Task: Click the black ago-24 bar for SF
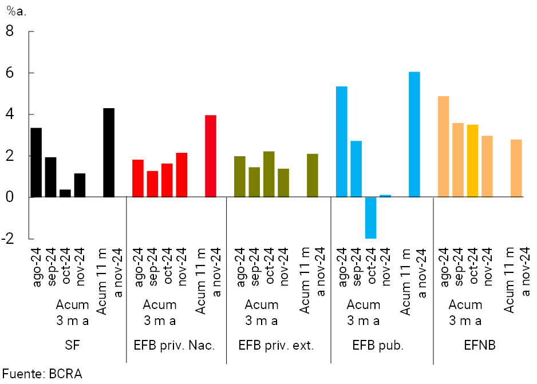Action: click(x=36, y=163)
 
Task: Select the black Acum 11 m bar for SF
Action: click(x=109, y=153)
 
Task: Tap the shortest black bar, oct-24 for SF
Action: click(x=65, y=193)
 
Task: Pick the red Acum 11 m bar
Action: click(x=211, y=156)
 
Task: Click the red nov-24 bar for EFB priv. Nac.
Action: click(x=181, y=175)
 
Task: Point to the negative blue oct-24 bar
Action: click(x=370, y=217)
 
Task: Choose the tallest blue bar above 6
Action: click(x=414, y=134)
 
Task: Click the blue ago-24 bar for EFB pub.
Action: click(x=341, y=142)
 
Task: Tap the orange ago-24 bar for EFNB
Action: click(x=443, y=147)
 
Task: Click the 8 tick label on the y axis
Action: click(x=10, y=31)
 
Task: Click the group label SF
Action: click(x=72, y=345)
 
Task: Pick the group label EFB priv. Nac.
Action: click(x=175, y=345)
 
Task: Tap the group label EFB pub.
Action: click(x=378, y=345)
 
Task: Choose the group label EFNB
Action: click(x=480, y=345)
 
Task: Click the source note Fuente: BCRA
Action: click(x=41, y=374)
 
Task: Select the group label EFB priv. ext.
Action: click(x=277, y=345)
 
